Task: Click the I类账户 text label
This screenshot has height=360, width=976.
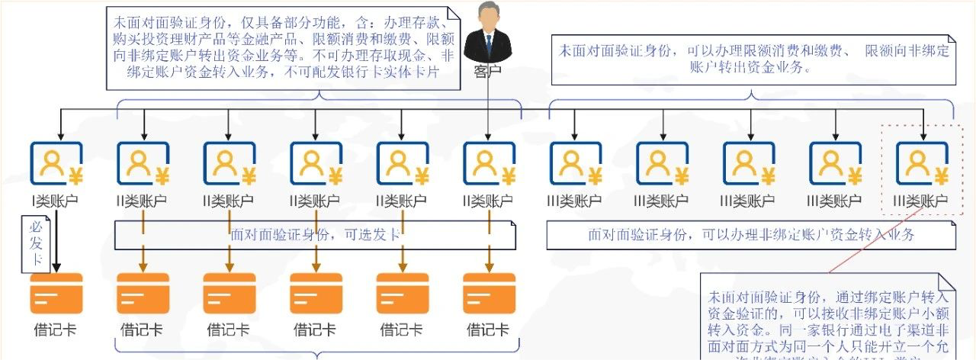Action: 55,202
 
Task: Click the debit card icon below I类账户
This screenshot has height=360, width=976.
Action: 56,294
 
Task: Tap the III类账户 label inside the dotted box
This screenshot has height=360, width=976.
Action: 922,202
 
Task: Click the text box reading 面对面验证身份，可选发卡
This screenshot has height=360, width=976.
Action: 315,235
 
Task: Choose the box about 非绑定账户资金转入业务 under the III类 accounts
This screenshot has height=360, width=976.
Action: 751,235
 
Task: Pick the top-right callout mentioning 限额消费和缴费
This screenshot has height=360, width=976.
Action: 753,59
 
